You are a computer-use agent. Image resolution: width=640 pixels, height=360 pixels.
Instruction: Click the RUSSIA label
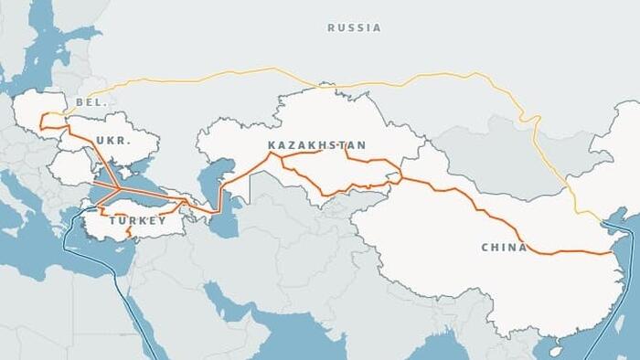(x=354, y=27)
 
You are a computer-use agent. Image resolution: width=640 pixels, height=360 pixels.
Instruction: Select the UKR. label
(x=112, y=142)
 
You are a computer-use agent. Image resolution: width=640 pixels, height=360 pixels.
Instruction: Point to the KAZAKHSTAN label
(x=316, y=145)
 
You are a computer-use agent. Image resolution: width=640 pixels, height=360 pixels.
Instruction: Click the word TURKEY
(x=138, y=221)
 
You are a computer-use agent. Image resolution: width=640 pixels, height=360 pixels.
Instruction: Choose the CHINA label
(x=504, y=248)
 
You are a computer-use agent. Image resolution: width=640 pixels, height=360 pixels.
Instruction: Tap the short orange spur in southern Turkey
(x=128, y=234)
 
